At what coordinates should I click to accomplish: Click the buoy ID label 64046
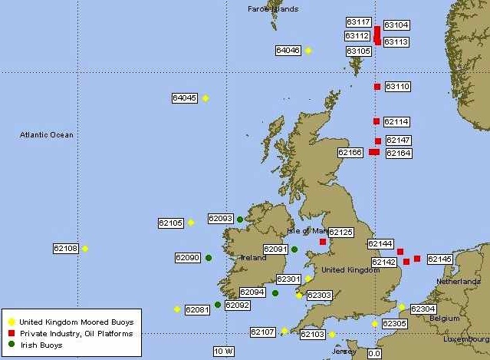(288, 51)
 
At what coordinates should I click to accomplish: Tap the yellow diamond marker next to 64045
(206, 98)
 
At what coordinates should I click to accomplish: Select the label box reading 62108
(65, 248)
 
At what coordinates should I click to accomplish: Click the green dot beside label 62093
(240, 220)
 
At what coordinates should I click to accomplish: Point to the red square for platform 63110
(377, 87)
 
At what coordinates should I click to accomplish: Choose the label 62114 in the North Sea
(396, 122)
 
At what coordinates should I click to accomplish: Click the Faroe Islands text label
(273, 9)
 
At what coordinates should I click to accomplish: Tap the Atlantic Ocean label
(47, 135)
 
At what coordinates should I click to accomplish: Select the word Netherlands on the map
(458, 282)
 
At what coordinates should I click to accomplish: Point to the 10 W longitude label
(223, 352)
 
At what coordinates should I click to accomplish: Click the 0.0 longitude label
(374, 354)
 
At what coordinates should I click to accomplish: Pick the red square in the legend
(11, 334)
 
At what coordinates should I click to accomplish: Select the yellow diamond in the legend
(11, 322)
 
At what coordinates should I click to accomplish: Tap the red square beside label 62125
(323, 242)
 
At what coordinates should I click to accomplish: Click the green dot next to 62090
(209, 258)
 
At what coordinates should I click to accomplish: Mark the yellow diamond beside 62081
(177, 309)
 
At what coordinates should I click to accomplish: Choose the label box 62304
(423, 309)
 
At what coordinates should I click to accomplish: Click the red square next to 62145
(417, 259)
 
